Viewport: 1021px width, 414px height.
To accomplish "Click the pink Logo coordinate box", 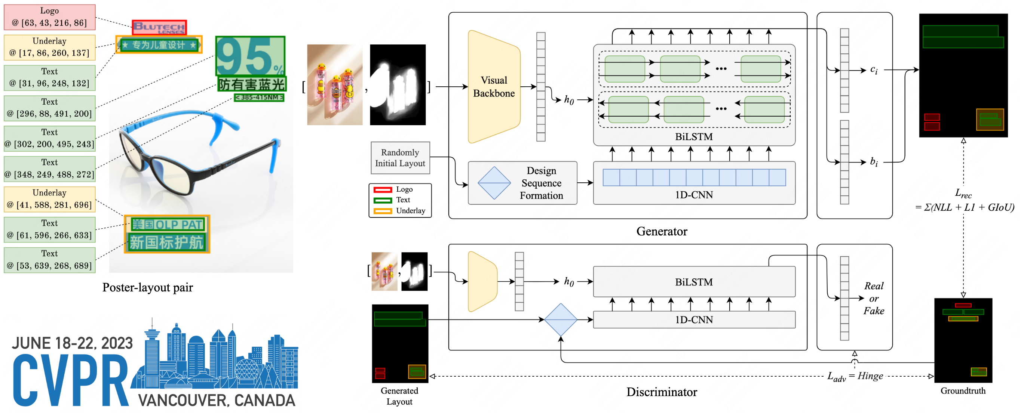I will point(49,17).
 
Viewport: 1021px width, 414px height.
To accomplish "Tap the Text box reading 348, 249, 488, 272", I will point(49,169).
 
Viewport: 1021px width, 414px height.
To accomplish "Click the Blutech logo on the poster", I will point(159,27).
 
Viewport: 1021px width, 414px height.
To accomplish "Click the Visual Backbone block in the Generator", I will point(494,87).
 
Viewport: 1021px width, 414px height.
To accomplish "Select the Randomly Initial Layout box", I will point(400,158).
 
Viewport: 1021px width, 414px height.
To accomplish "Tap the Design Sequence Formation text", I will point(541,183).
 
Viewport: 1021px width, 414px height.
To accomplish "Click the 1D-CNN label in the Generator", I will point(694,195).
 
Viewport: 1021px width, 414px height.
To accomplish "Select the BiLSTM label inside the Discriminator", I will point(694,282).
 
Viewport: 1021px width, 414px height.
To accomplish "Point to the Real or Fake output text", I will point(874,298).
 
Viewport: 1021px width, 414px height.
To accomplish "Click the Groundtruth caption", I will point(963,391).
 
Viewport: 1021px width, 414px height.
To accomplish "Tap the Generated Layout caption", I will point(399,396).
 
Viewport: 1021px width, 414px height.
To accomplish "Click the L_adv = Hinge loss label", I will point(855,376).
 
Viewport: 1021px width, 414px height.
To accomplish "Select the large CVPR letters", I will point(71,380).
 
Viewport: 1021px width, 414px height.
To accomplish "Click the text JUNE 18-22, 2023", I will point(72,343).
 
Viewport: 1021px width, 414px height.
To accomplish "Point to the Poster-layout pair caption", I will point(147,288).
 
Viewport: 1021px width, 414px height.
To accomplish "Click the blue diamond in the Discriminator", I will point(561,320).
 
